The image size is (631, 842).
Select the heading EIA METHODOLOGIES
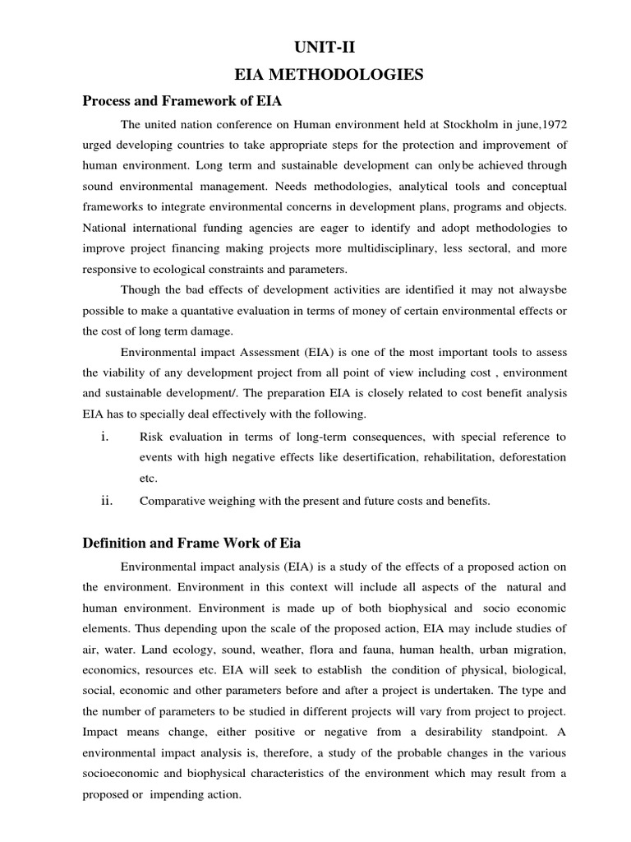coord(329,75)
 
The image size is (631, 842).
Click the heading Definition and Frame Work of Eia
coord(191,544)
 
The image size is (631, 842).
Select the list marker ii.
coord(106,500)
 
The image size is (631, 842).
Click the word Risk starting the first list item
coord(152,436)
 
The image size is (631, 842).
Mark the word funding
coord(234,227)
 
